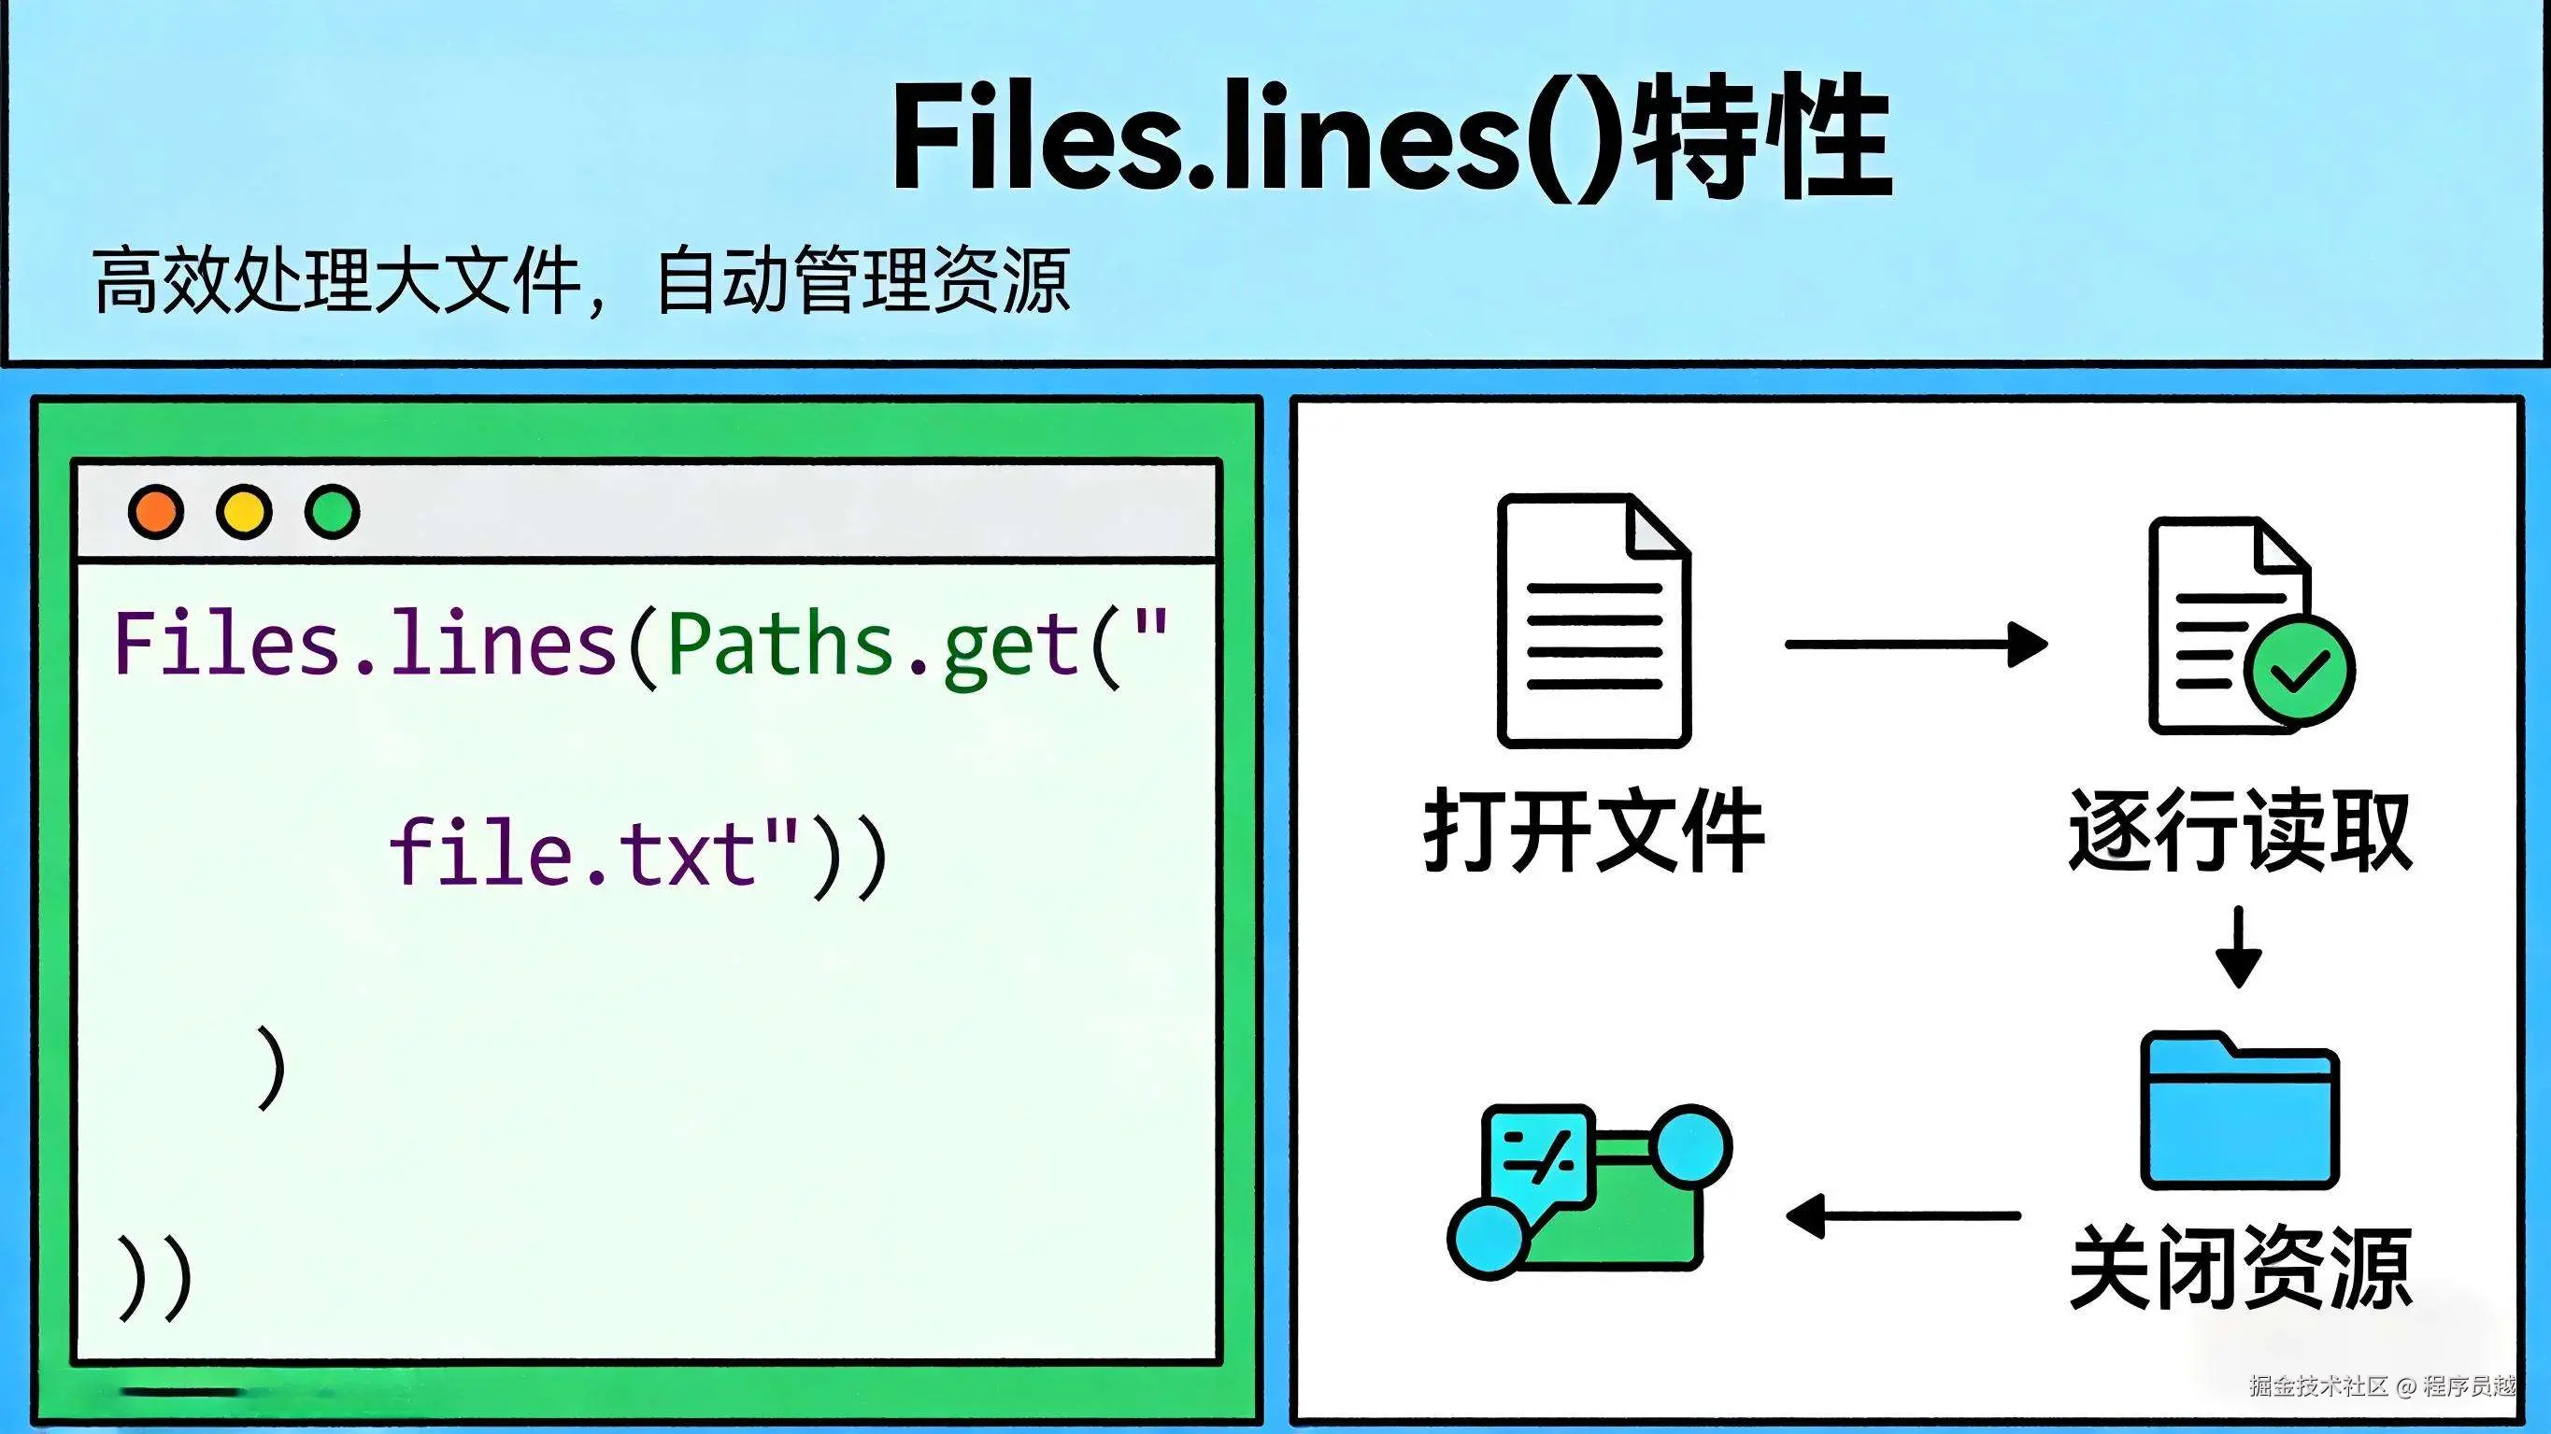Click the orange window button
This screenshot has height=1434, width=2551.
pyautogui.click(x=156, y=511)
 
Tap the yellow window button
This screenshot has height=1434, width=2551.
pyautogui.click(x=244, y=511)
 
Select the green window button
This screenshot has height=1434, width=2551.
pyautogui.click(x=332, y=511)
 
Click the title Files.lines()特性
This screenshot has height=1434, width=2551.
pyautogui.click(x=1391, y=136)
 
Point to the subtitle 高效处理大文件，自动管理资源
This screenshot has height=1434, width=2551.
pyautogui.click(x=582, y=281)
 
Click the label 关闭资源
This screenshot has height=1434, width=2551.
pyautogui.click(x=2240, y=1268)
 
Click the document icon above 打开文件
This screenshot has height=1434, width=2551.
pyautogui.click(x=1593, y=620)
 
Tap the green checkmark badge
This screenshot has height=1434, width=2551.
pyautogui.click(x=2302, y=672)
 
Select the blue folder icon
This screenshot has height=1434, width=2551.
pyautogui.click(x=2239, y=1111)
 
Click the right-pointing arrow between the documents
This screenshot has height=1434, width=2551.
pyautogui.click(x=1916, y=645)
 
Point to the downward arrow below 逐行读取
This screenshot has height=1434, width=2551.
pyautogui.click(x=2238, y=946)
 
